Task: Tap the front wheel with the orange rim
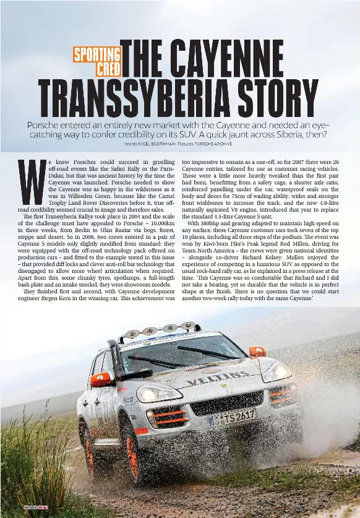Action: (x=132, y=455)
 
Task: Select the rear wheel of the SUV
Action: (x=87, y=436)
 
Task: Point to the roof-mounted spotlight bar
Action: (x=160, y=330)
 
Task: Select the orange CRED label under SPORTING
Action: (x=108, y=68)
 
